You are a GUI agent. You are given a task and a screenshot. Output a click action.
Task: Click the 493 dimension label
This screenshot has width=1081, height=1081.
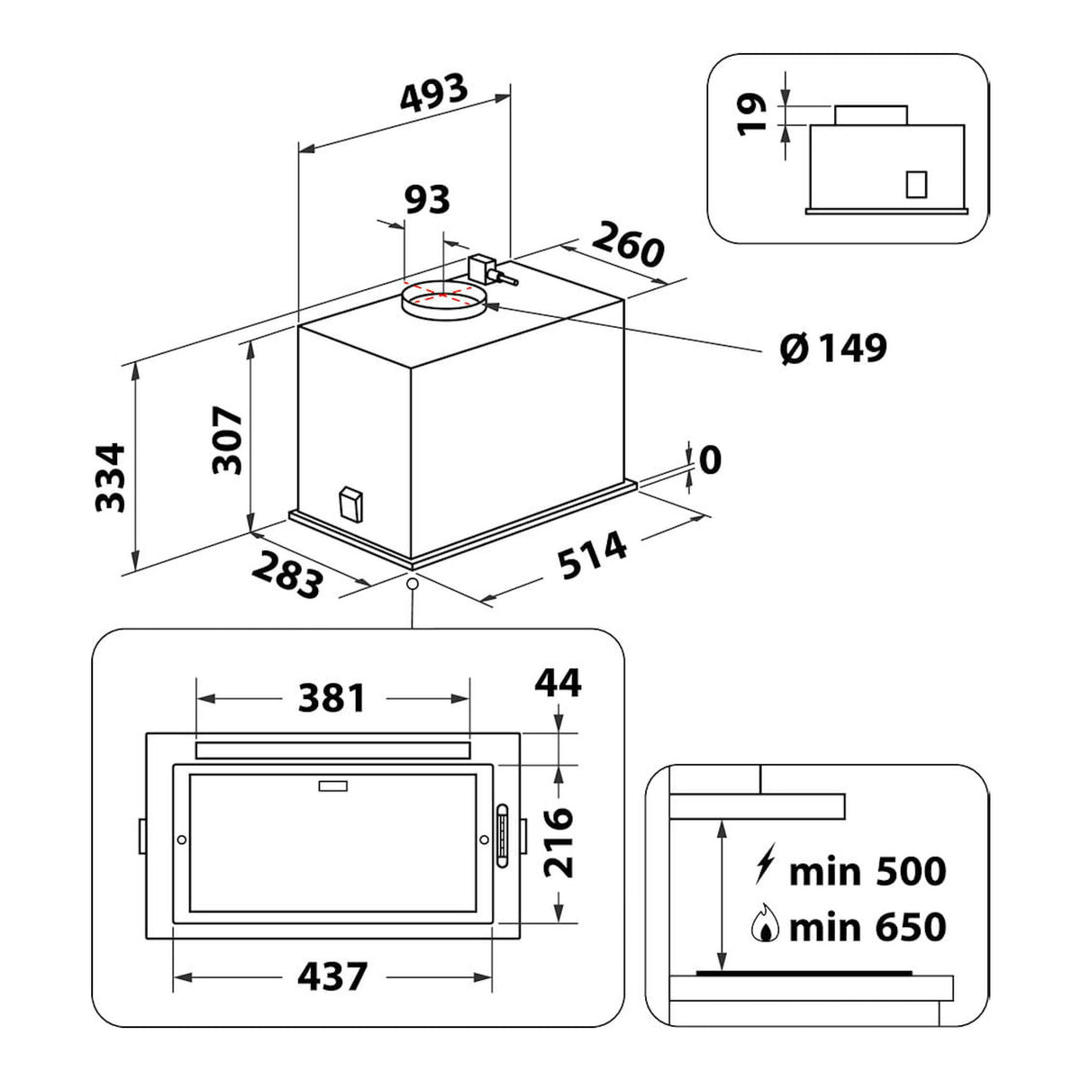point(433,92)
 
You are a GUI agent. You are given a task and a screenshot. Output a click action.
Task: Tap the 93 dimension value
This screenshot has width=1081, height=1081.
point(428,199)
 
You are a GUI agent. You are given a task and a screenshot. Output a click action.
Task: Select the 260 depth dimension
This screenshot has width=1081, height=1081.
point(628,244)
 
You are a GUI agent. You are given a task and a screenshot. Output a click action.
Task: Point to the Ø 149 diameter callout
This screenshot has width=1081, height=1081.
point(833,349)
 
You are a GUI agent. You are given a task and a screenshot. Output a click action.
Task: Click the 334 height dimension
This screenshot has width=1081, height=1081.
point(110,477)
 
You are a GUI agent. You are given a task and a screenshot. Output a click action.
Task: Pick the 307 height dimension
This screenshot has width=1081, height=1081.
point(227,440)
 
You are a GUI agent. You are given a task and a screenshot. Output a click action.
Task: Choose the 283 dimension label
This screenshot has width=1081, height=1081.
point(287,575)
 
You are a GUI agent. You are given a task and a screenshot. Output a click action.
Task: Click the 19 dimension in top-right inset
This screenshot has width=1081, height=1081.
point(751,114)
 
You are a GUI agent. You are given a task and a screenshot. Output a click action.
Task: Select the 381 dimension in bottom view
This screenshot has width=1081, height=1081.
point(332,698)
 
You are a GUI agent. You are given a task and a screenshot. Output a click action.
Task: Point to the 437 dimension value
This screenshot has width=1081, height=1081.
point(332,977)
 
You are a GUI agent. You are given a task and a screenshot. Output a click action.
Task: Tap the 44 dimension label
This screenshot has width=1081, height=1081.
point(558,683)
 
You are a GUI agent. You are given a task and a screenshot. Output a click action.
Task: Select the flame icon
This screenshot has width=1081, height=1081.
point(765,927)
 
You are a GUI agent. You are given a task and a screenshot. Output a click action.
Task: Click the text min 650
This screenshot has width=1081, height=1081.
point(868,927)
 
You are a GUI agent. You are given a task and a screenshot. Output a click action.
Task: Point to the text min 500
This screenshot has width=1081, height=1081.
point(868,871)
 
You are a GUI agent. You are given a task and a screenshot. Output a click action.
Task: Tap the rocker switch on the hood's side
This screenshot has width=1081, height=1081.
point(350,504)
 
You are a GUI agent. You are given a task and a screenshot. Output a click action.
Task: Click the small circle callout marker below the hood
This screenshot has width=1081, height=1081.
point(413,584)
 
